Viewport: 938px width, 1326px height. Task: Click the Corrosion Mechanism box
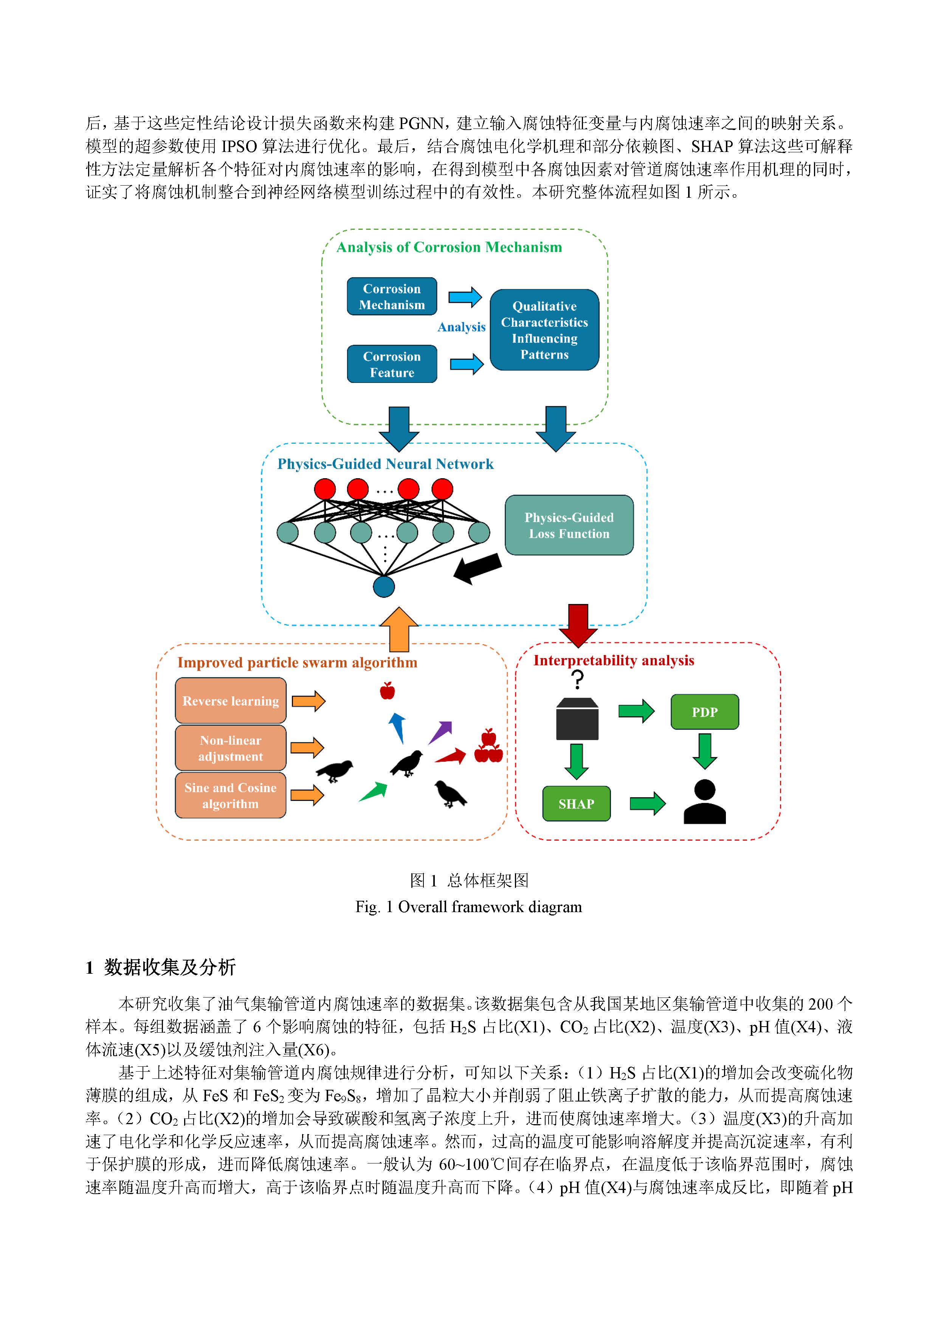click(392, 296)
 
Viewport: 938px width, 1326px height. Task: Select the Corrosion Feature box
click(392, 364)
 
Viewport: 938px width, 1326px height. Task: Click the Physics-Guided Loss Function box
click(569, 525)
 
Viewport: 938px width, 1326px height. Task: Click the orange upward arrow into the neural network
click(399, 629)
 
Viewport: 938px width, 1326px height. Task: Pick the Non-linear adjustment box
click(231, 748)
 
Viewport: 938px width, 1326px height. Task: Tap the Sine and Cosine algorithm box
click(231, 795)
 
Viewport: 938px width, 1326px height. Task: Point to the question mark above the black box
click(577, 680)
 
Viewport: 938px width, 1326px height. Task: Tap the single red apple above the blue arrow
click(387, 690)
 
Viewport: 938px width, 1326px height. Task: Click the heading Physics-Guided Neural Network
click(385, 464)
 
